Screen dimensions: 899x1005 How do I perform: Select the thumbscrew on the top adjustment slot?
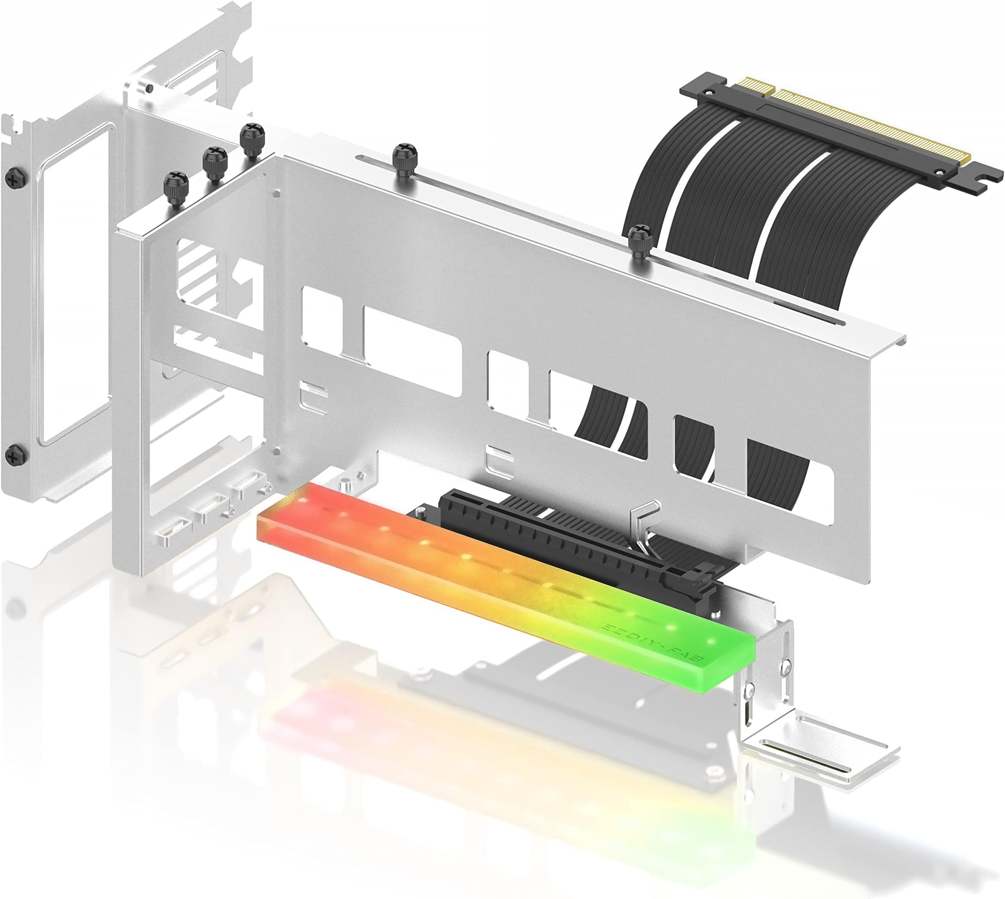point(404,156)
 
